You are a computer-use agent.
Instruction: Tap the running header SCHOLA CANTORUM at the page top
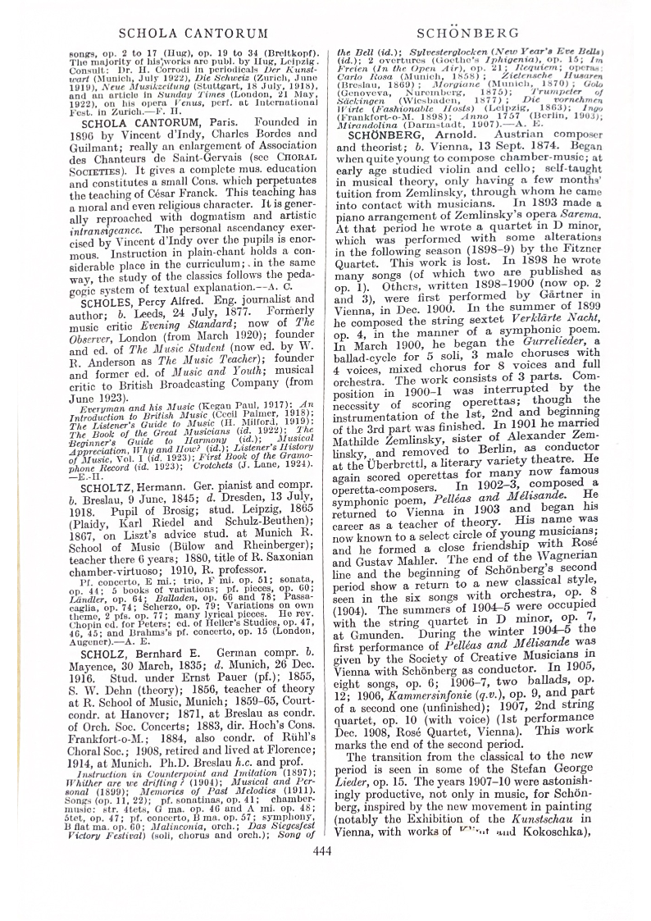[x=193, y=34]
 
